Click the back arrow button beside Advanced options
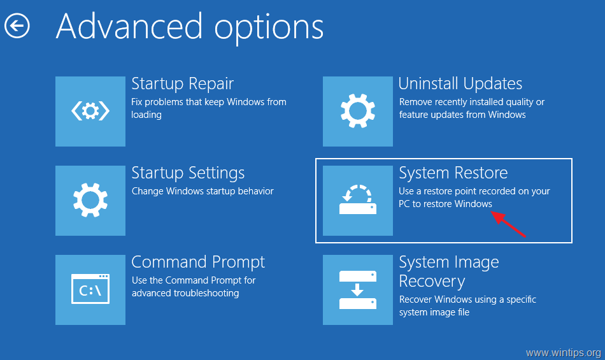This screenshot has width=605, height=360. (17, 26)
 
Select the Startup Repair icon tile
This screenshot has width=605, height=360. (90, 111)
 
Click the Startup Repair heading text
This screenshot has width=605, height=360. (183, 84)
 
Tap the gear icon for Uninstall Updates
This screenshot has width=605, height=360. (358, 111)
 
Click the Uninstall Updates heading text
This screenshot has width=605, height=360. (460, 83)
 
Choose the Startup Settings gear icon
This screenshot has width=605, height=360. (90, 201)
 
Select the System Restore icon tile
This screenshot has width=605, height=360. (358, 201)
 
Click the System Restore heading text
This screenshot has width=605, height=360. (453, 173)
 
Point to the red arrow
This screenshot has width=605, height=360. (509, 224)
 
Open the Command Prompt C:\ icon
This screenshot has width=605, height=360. (90, 289)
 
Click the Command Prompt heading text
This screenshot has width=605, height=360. (198, 263)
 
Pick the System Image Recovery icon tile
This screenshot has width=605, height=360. (358, 289)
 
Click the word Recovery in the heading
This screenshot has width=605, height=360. (432, 282)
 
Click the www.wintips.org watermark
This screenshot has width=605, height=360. (564, 352)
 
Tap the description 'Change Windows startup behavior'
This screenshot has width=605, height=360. (203, 191)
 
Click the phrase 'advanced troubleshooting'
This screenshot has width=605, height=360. (185, 293)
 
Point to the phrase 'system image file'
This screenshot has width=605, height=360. (434, 312)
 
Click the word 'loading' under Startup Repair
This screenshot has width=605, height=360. (146, 115)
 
